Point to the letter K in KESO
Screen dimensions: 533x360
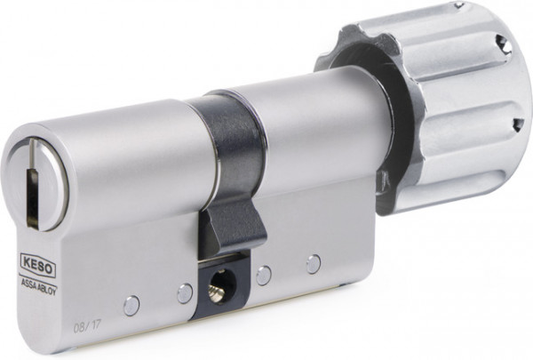click(x=27, y=261)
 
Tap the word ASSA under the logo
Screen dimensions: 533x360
click(x=29, y=283)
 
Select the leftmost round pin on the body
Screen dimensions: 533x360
click(x=131, y=306)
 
